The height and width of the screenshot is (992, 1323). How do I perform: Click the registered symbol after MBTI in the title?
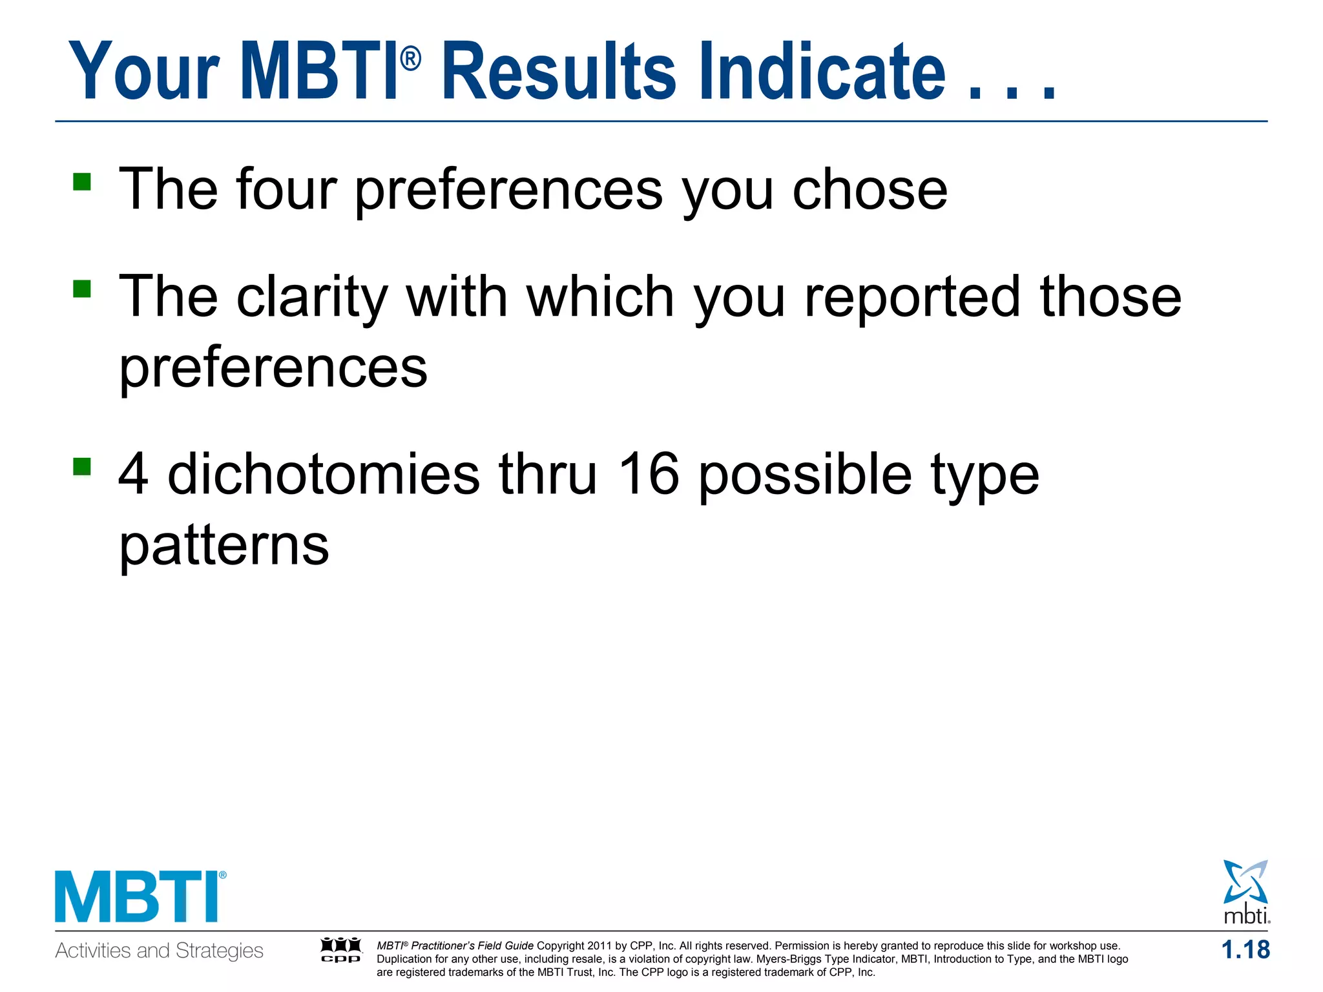click(x=411, y=60)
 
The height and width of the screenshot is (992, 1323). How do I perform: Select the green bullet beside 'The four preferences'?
click(x=82, y=181)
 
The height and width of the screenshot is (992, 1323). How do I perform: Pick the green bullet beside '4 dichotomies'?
click(x=82, y=466)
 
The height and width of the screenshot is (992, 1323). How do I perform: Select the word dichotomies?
click(x=323, y=474)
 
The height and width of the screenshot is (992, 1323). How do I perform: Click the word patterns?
click(x=224, y=546)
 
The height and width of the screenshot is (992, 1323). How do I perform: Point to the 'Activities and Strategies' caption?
click(x=160, y=951)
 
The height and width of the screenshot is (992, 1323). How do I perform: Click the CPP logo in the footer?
click(x=341, y=950)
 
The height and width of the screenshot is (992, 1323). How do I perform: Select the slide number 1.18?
click(x=1245, y=950)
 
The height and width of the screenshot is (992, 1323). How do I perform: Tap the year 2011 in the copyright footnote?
click(x=599, y=946)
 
